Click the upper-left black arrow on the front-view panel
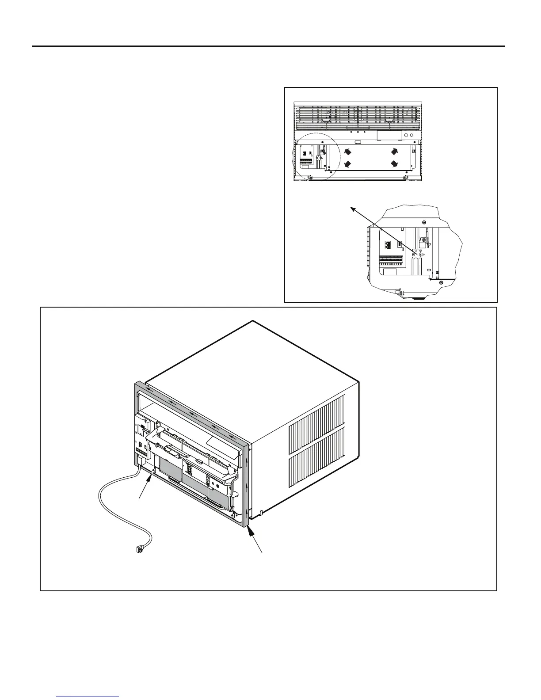coord(347,152)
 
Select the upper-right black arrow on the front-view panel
coord(394,151)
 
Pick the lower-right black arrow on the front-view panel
coord(394,164)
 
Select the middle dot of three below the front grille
coord(357,132)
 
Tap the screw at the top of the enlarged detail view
coord(423,222)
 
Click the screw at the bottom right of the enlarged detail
coord(440,282)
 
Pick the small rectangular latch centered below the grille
coord(359,143)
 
